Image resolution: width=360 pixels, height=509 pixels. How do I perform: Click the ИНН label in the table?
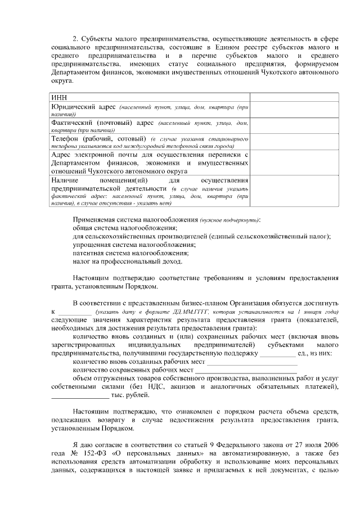[58, 98]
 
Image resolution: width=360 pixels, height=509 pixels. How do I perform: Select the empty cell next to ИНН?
[294, 98]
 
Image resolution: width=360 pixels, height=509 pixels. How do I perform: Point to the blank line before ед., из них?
[277, 355]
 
